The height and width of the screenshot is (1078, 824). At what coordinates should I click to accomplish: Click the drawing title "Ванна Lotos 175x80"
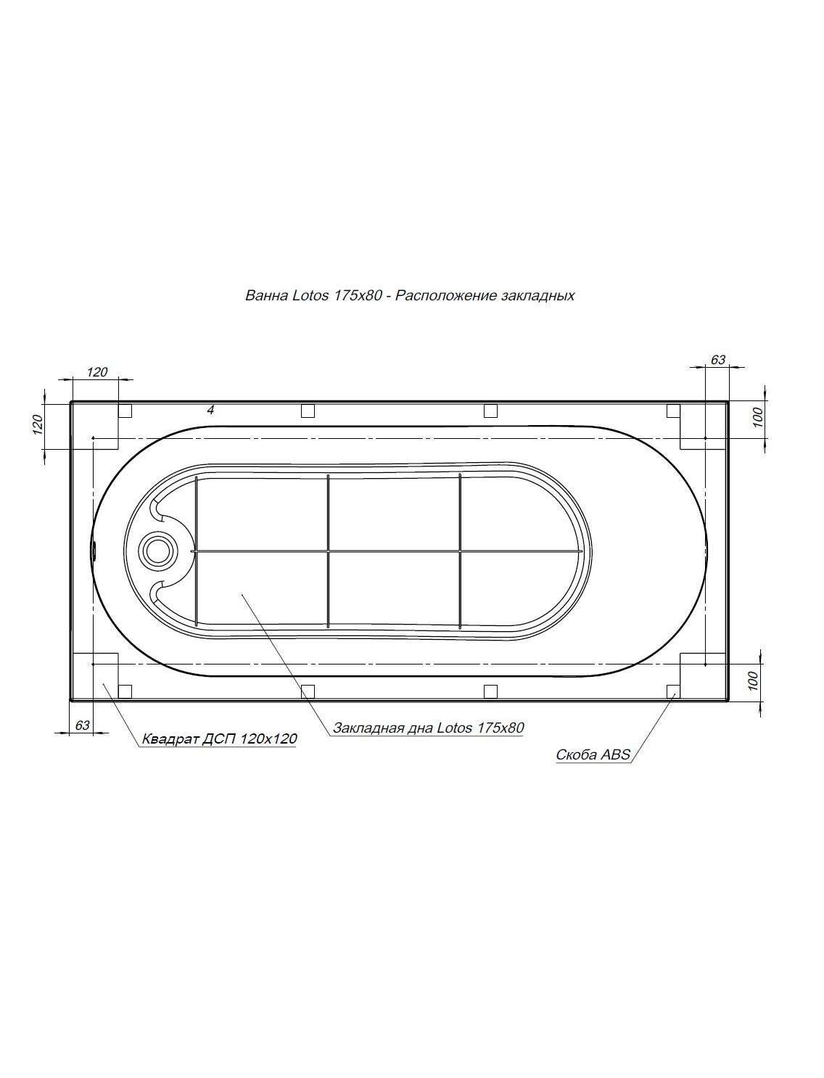(313, 296)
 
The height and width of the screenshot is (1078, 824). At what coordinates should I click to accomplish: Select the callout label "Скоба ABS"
(593, 754)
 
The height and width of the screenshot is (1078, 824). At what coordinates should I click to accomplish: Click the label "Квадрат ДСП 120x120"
(220, 738)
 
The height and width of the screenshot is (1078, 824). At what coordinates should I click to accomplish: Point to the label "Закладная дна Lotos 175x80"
(428, 728)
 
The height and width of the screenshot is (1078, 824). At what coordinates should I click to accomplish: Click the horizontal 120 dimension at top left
(96, 372)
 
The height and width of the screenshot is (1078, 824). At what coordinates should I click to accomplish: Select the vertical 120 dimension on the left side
(38, 424)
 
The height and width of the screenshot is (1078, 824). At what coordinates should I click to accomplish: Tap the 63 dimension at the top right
(717, 360)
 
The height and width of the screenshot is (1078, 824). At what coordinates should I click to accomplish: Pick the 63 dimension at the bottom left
(83, 725)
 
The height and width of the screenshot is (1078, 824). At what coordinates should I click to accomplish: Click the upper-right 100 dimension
(758, 417)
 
